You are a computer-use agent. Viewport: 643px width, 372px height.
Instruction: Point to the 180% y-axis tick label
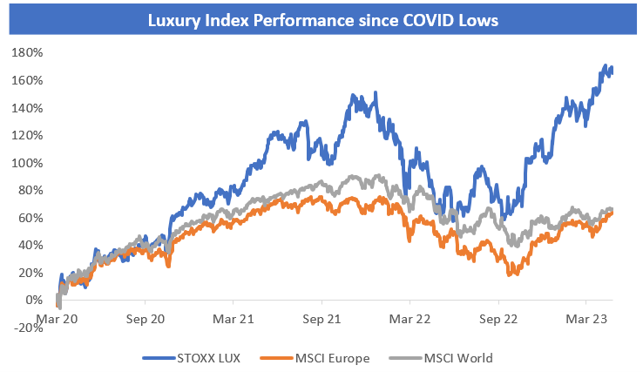click(27, 52)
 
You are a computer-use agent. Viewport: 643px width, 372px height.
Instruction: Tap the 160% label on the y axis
click(27, 80)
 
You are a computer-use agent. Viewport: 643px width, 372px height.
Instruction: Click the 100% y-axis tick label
click(27, 163)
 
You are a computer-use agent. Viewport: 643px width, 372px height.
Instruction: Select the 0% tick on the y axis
click(33, 301)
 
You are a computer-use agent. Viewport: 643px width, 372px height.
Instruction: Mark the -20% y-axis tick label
click(27, 328)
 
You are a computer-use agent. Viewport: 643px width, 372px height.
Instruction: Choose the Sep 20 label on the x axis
click(146, 320)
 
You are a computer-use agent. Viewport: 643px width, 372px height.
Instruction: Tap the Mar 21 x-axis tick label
click(234, 320)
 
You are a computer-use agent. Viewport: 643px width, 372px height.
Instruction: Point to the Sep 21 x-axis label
click(321, 320)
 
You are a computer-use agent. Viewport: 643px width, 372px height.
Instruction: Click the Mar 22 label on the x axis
click(409, 320)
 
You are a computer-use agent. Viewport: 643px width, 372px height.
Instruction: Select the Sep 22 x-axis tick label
click(497, 320)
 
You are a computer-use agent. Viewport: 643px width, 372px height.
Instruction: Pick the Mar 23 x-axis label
click(585, 320)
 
